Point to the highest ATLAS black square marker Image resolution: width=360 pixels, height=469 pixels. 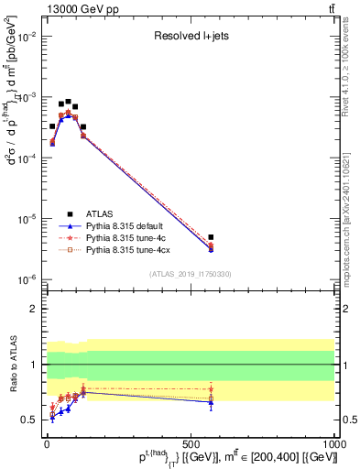(x=68, y=102)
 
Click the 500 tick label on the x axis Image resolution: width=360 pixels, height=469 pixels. (x=190, y=442)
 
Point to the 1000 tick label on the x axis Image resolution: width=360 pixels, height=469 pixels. (x=333, y=442)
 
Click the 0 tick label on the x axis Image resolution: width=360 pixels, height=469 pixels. (x=46, y=442)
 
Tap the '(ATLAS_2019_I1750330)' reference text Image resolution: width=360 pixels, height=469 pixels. (x=190, y=274)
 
